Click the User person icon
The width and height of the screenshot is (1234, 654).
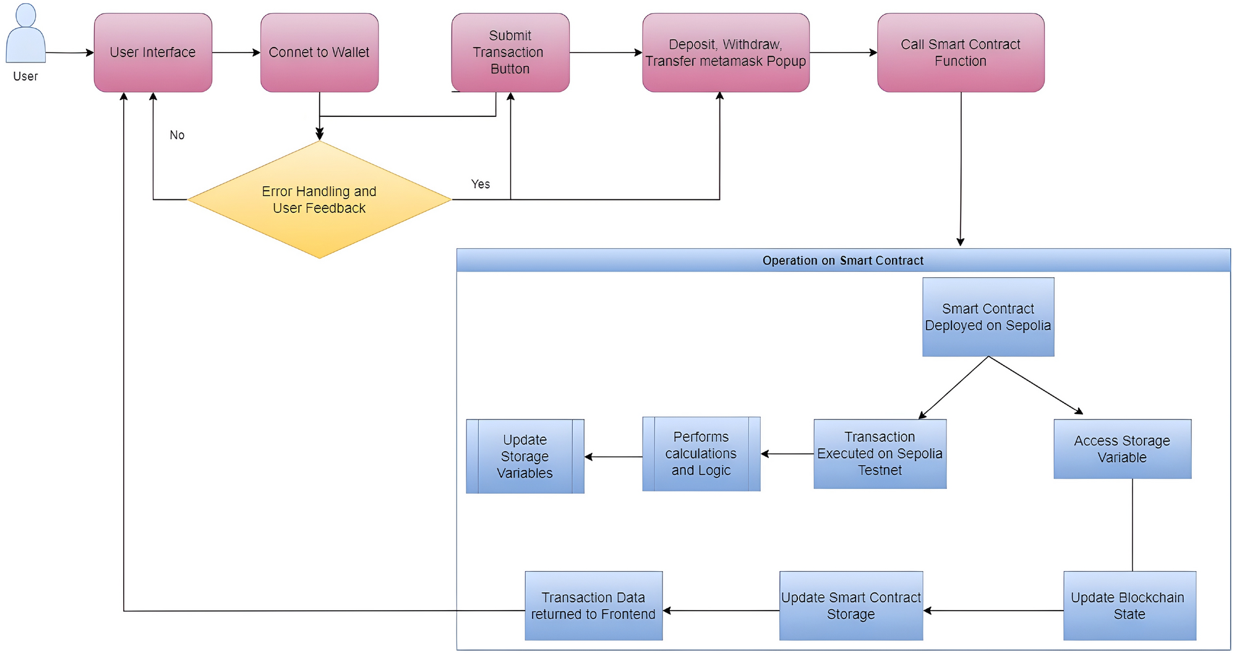coord(25,35)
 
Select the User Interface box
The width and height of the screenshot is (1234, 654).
coord(153,53)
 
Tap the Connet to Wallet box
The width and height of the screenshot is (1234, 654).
coord(319,53)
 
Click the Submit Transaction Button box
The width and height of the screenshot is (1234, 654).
coord(510,53)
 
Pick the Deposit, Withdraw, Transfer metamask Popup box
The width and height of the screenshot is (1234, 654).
coord(726,53)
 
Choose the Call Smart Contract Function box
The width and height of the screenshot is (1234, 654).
coord(961,53)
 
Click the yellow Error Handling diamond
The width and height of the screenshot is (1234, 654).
coord(319,199)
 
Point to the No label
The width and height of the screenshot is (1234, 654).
coord(177,135)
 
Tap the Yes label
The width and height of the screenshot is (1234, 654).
coord(480,184)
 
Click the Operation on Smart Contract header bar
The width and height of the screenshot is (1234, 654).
coord(842,260)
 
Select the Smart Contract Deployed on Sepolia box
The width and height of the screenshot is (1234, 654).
coord(988,317)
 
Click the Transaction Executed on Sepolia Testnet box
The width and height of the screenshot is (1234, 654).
coord(880,454)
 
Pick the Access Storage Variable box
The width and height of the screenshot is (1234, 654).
coord(1122,449)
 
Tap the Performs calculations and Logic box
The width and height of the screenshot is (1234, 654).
coord(701,454)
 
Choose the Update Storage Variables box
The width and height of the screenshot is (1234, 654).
coord(525,456)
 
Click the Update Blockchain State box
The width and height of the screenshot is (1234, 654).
coord(1129,606)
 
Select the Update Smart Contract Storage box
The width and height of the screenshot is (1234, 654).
coord(851,606)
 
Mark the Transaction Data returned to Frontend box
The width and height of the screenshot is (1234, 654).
coord(593,606)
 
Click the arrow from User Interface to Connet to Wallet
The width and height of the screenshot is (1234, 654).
coord(236,53)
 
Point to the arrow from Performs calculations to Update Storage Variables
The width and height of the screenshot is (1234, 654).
coord(613,457)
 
